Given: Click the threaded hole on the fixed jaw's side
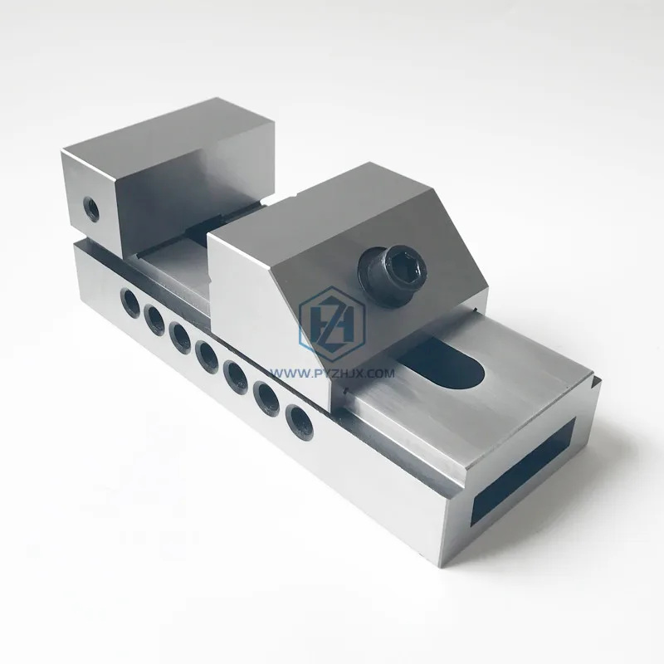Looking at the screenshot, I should pos(89,207).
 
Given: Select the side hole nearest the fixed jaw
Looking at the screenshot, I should pos(129,299).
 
